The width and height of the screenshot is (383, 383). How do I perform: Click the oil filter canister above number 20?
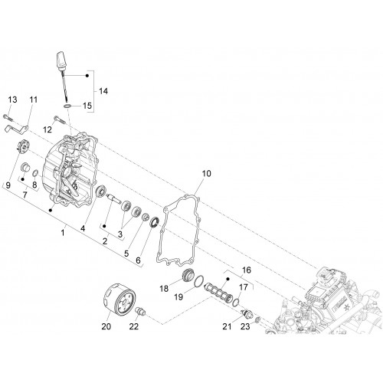pyautogui.click(x=119, y=298)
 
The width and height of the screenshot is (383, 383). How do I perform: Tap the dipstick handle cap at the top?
pyautogui.click(x=61, y=61)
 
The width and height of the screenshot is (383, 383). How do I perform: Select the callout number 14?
pyautogui.click(x=103, y=91)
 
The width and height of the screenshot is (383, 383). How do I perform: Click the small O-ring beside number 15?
pyautogui.click(x=67, y=106)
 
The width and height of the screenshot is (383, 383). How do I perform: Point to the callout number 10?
pyautogui.click(x=207, y=173)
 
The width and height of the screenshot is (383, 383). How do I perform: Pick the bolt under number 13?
pyautogui.click(x=8, y=117)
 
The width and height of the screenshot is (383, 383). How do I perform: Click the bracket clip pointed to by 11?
pyautogui.click(x=17, y=128)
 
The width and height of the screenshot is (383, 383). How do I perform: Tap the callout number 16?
pyautogui.click(x=247, y=270)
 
